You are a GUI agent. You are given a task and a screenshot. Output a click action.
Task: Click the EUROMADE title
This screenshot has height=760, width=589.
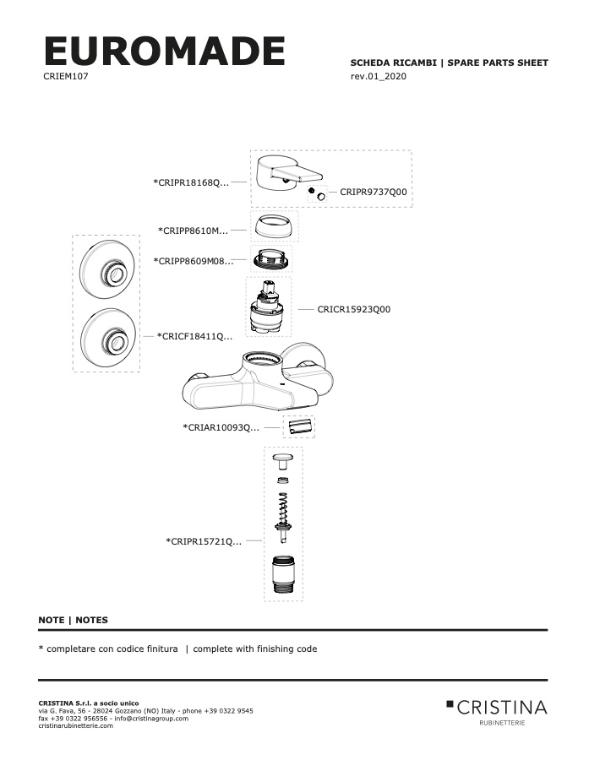tap(165, 51)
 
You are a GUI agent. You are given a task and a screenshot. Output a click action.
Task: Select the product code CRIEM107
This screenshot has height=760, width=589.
tap(66, 76)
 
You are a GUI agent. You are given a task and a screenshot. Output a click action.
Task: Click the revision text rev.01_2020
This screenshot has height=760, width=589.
tap(379, 76)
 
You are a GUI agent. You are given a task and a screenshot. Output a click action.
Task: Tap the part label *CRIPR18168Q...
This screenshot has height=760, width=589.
tap(191, 182)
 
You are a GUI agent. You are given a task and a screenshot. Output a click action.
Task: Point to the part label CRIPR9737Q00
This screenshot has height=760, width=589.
tap(374, 192)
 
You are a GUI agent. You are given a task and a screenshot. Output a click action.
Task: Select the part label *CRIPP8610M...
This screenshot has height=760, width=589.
tap(193, 231)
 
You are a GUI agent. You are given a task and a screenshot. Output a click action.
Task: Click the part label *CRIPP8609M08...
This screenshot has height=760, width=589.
tap(194, 261)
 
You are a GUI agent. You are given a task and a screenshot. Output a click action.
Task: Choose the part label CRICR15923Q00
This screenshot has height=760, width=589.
tap(354, 309)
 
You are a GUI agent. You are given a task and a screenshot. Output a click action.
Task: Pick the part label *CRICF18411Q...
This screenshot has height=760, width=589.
tap(194, 336)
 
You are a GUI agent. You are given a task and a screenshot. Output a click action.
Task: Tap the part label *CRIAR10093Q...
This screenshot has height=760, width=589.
tap(221, 427)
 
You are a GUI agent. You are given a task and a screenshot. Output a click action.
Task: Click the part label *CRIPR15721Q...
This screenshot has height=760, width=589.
tap(204, 541)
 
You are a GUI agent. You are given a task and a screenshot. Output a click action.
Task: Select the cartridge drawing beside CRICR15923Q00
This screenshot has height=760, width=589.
tap(268, 307)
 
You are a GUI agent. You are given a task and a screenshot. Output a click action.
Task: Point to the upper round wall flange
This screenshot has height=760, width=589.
tap(107, 269)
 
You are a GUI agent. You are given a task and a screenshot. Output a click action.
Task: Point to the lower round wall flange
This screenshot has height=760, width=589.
tap(107, 337)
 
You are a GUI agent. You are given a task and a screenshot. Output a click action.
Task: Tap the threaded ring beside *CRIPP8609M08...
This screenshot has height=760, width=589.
tap(271, 257)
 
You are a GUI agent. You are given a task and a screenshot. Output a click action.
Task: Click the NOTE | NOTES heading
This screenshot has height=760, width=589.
tap(74, 620)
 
